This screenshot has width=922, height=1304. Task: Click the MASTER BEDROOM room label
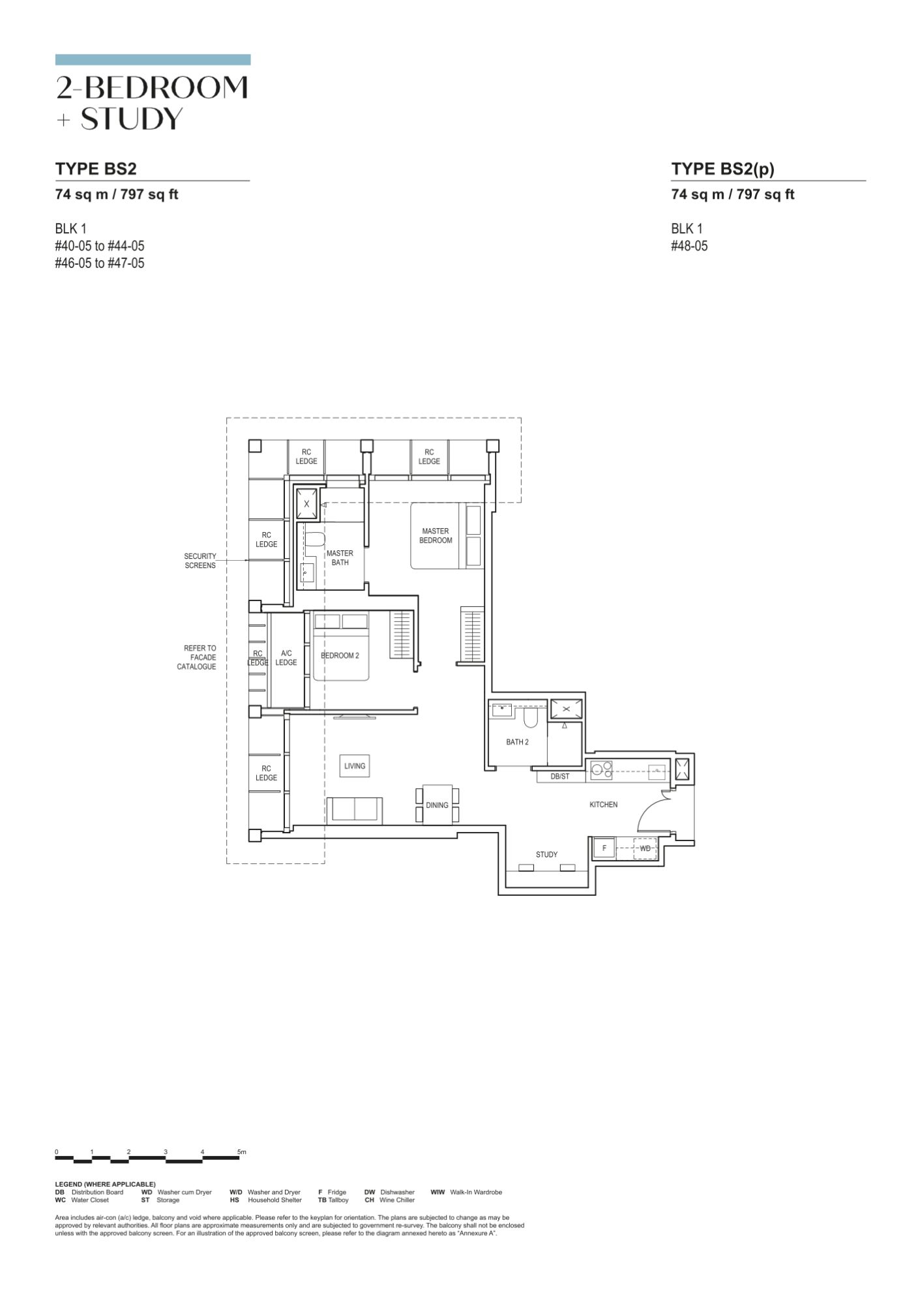pos(436,536)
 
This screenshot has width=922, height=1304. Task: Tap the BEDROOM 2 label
pos(340,655)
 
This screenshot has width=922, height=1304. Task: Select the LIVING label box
pos(355,766)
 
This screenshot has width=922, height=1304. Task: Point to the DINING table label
pos(437,805)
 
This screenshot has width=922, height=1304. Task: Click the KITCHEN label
pos(603,805)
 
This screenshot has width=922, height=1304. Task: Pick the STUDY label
pos(546,855)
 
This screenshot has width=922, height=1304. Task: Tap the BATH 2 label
pos(517,742)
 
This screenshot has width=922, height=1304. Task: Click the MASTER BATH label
pos(340,558)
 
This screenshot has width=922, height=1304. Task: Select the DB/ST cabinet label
pos(560,777)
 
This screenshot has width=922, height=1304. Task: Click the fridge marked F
pos(604,848)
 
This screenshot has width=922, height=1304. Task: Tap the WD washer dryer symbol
pos(645,848)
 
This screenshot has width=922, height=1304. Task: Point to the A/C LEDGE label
pos(286,658)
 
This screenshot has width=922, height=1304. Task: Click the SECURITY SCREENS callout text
pos(200,561)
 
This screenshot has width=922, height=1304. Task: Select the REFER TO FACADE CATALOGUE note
pos(196,657)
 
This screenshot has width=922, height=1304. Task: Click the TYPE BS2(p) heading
pos(723,169)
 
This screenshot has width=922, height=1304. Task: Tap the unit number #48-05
pos(689,246)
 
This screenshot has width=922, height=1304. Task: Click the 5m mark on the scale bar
pos(242,1152)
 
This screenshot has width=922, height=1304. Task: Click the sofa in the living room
pos(354,810)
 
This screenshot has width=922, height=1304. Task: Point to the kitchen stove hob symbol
pos(601,770)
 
